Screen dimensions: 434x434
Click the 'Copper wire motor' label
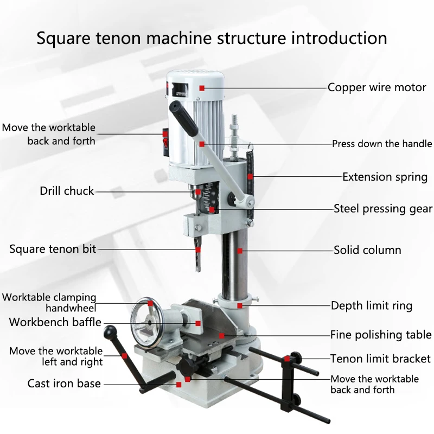click(x=377, y=87)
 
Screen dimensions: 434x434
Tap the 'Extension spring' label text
click(x=385, y=177)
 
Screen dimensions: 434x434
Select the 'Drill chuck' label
click(x=67, y=191)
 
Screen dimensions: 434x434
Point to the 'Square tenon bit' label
click(x=53, y=250)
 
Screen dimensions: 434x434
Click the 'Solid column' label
click(x=367, y=250)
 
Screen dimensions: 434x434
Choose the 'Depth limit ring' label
click(x=372, y=305)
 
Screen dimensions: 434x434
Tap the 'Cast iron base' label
click(x=64, y=384)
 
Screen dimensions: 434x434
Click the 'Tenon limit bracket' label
click(x=380, y=359)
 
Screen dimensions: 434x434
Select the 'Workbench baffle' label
click(x=55, y=322)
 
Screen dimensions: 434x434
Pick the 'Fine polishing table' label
click(x=381, y=335)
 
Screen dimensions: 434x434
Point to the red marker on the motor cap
click(x=202, y=87)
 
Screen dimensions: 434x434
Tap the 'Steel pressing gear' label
click(x=383, y=208)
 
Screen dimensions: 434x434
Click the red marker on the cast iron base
click(x=178, y=384)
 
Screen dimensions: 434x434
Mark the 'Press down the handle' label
click(x=382, y=144)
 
